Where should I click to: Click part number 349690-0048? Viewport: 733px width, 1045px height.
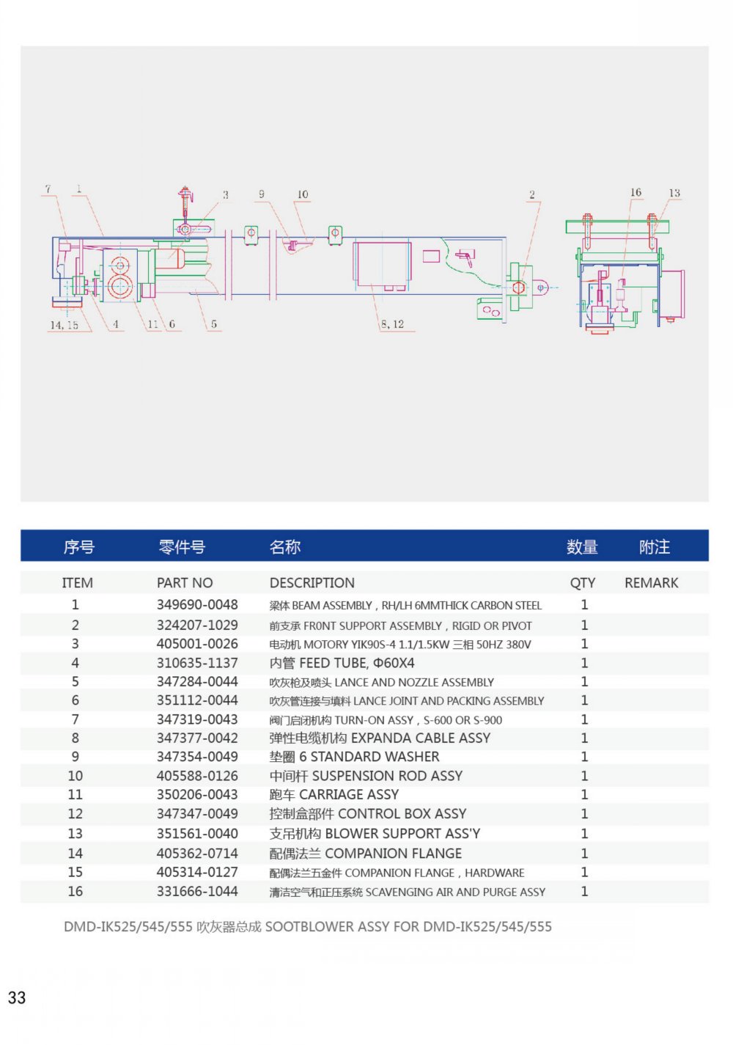click(x=197, y=605)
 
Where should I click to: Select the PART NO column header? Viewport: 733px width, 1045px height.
click(x=185, y=583)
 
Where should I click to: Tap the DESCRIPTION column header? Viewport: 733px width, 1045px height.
click(x=312, y=583)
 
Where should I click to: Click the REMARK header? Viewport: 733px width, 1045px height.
click(x=651, y=583)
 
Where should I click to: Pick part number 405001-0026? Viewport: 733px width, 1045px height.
click(x=197, y=644)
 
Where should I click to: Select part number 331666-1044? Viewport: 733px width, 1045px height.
click(x=197, y=892)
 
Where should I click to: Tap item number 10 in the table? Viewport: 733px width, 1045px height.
click(x=75, y=776)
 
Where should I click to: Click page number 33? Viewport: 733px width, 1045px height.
click(x=17, y=998)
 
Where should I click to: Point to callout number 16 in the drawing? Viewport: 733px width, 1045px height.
click(x=636, y=193)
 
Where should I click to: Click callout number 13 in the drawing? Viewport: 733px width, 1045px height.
click(x=674, y=194)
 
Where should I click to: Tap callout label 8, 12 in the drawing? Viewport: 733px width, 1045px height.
click(x=392, y=324)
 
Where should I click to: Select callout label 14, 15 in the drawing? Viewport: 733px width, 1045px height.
click(x=64, y=325)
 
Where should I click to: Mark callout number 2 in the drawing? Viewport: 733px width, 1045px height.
click(x=532, y=195)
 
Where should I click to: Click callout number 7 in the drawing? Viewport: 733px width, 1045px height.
click(x=48, y=189)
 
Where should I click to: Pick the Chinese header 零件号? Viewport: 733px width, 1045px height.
click(x=182, y=547)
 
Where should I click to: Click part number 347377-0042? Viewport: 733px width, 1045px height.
click(x=197, y=738)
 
